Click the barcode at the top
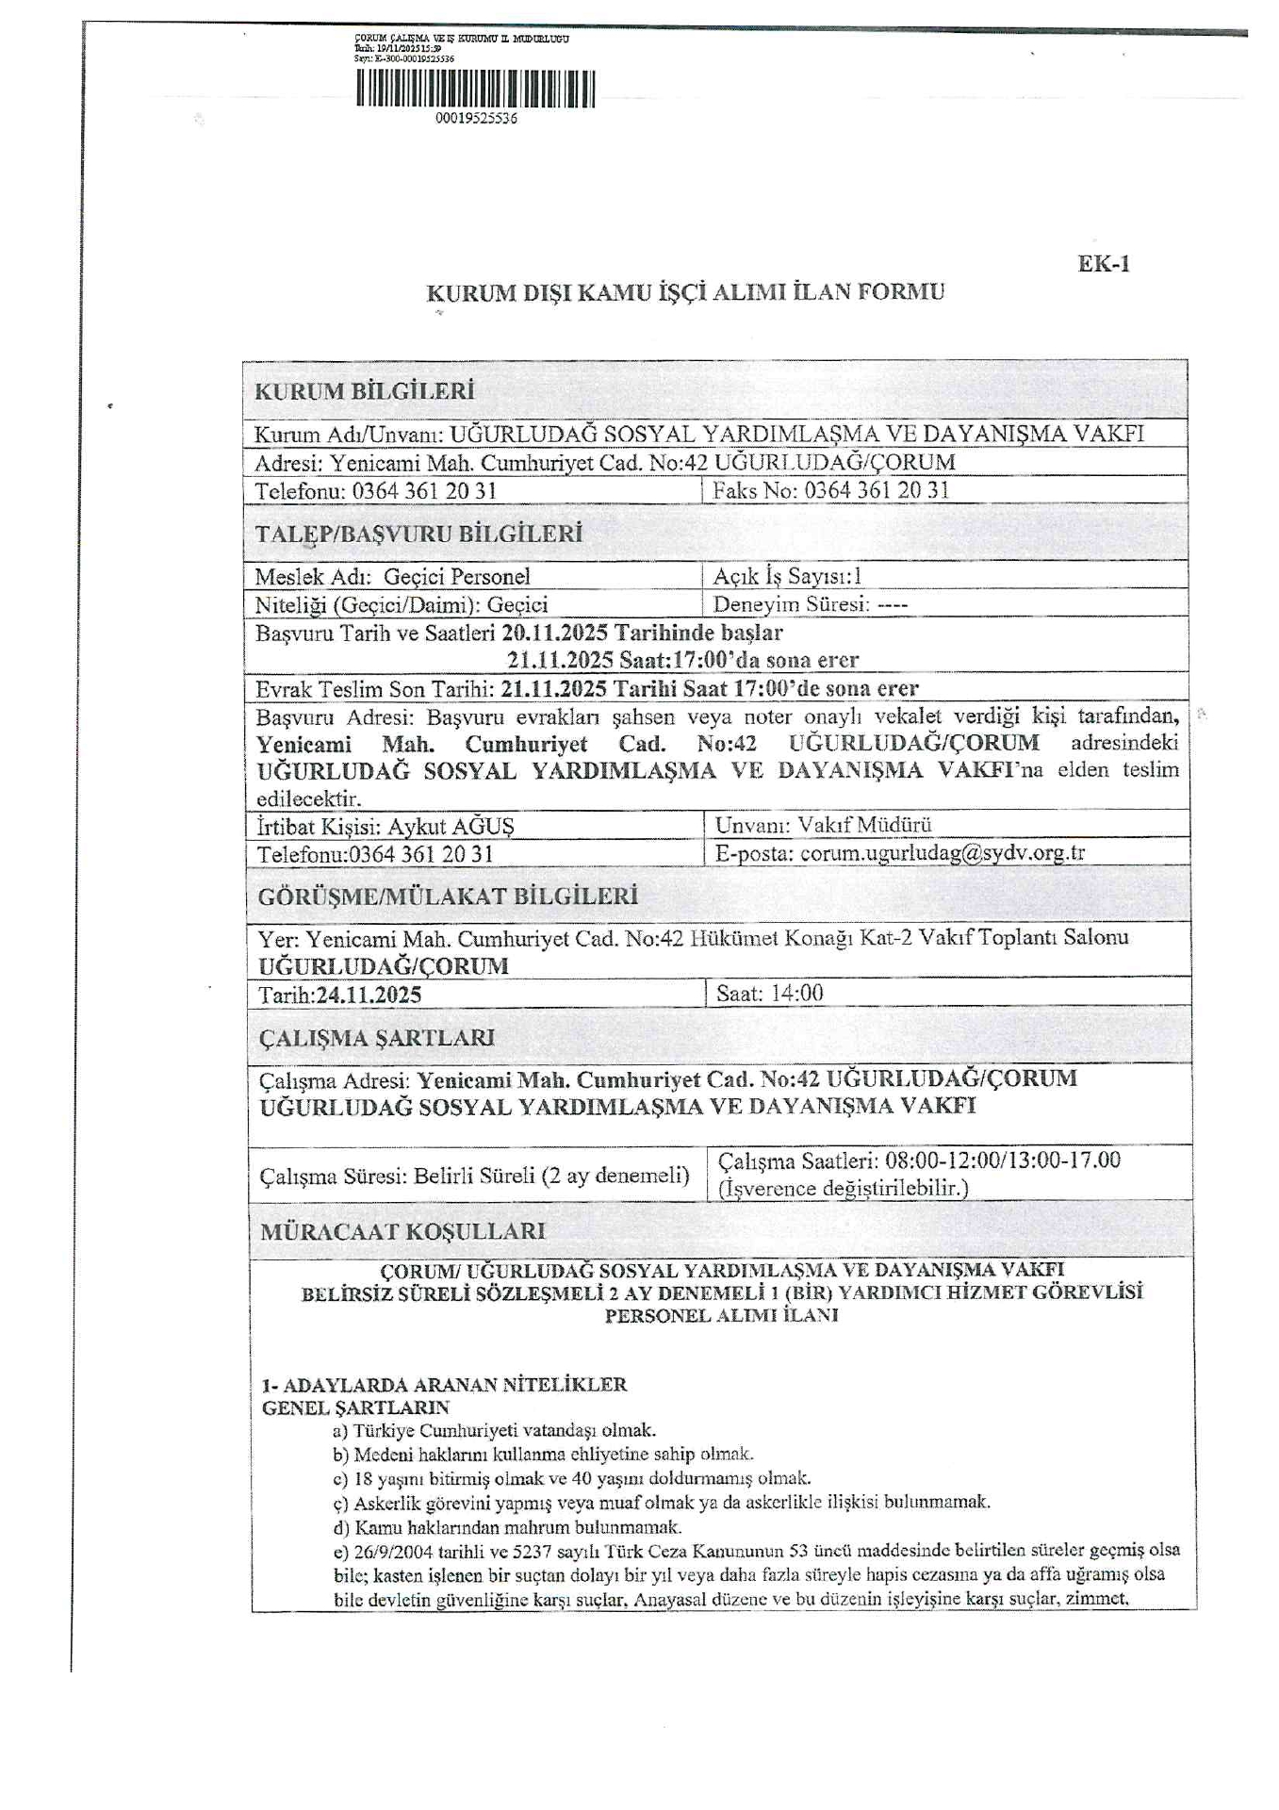coord(476,90)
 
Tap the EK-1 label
coord(1103,264)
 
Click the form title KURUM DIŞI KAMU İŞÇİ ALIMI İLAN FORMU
coord(685,292)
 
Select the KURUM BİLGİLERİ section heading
coord(364,391)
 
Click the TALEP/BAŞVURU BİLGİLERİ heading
coord(418,535)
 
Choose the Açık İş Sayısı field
coord(788,576)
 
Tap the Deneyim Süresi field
coord(811,604)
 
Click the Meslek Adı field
coord(392,576)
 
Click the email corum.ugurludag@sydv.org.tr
coord(943,853)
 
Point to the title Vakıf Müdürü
coord(865,825)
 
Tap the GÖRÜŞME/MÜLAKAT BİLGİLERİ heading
coord(448,897)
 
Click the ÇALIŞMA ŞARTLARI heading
coord(376,1038)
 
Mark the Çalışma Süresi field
coord(474,1176)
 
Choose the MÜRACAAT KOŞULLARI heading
coord(402,1231)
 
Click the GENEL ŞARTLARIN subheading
coord(355,1407)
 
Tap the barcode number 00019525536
coord(476,120)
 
